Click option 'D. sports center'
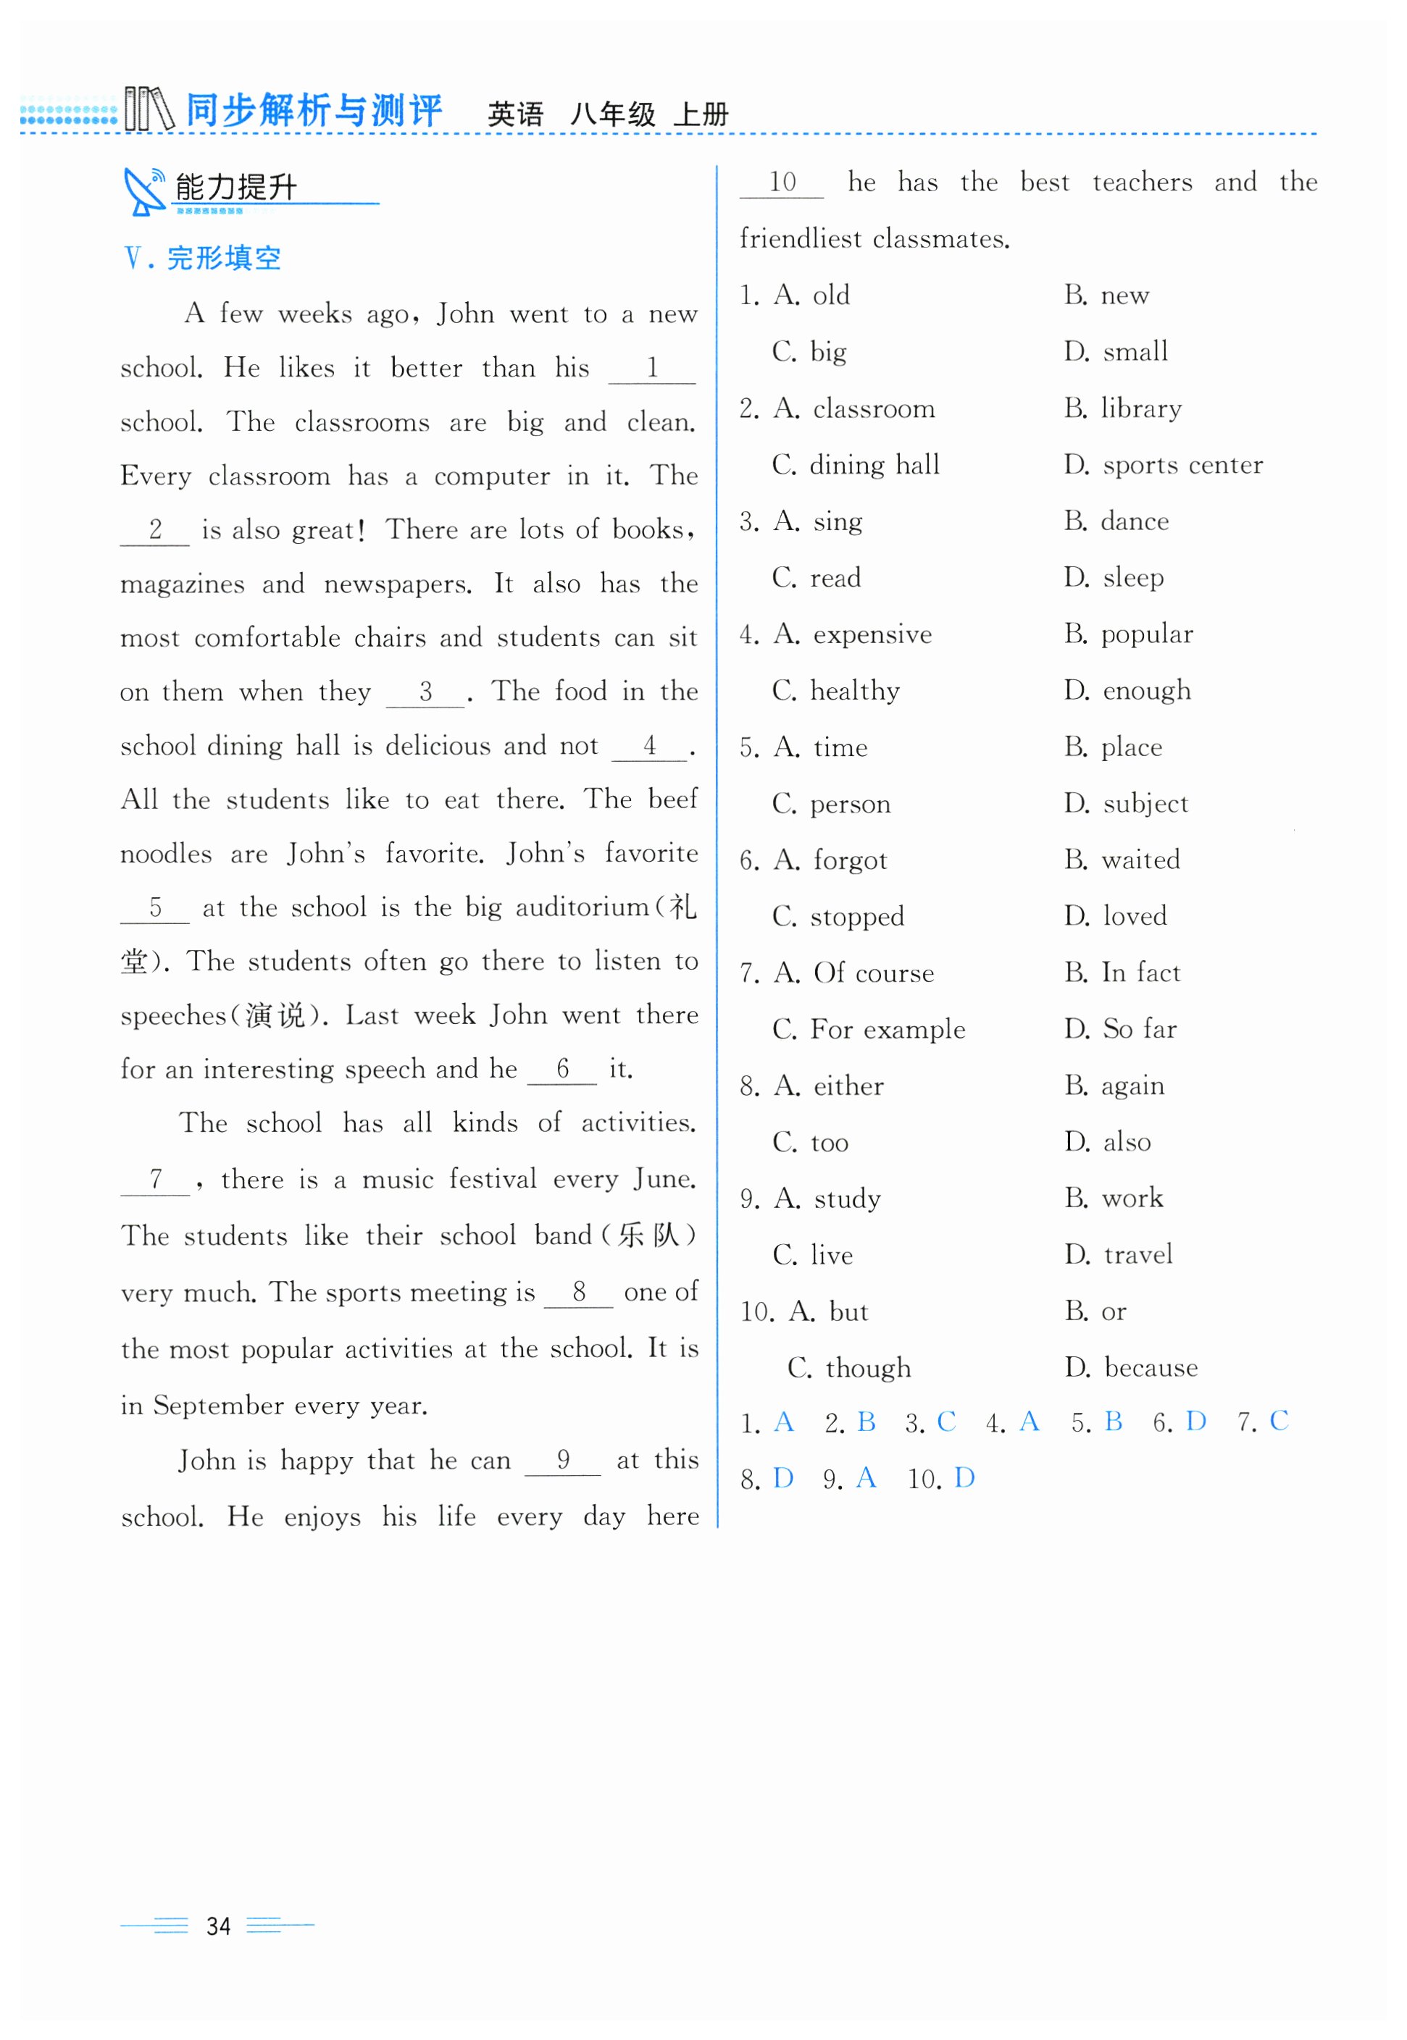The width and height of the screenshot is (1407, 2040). tap(1163, 464)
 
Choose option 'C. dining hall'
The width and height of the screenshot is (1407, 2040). tap(855, 464)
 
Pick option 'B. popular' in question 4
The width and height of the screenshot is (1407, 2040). tap(1128, 634)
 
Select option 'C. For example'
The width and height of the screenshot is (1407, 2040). tap(869, 1029)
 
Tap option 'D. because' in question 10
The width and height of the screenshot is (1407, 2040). tap(1131, 1368)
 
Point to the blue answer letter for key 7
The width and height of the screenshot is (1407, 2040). tap(1278, 1421)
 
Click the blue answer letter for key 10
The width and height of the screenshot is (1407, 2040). tap(964, 1478)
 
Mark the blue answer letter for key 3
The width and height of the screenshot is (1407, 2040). tap(946, 1422)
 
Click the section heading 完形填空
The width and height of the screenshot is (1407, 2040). tap(223, 259)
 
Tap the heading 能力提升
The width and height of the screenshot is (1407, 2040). tap(236, 188)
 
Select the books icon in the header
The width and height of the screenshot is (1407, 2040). tap(148, 109)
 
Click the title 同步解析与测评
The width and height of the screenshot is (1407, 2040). tap(314, 111)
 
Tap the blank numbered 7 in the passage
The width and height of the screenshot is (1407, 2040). tap(155, 1179)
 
